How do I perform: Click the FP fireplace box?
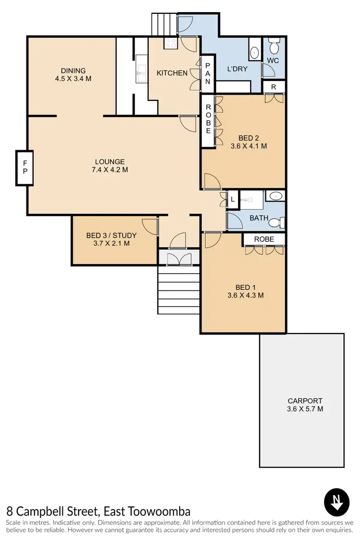pyautogui.click(x=25, y=168)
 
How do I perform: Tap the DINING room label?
pyautogui.click(x=73, y=71)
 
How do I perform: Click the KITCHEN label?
pyautogui.click(x=172, y=73)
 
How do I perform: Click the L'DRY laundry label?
pyautogui.click(x=237, y=69)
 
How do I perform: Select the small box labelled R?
pyautogui.click(x=274, y=87)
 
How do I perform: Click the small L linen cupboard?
pyautogui.click(x=232, y=199)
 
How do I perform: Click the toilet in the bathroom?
pyautogui.click(x=276, y=223)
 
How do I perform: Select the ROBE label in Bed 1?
pyautogui.click(x=264, y=239)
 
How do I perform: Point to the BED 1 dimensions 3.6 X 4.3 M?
pyautogui.click(x=245, y=295)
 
